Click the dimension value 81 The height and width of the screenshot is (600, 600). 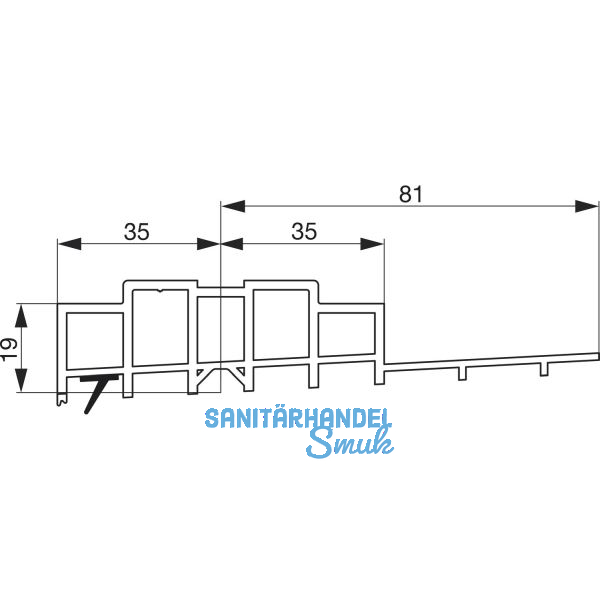(x=410, y=193)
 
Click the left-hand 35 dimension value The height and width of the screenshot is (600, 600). (x=137, y=231)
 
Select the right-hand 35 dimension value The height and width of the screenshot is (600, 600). (x=304, y=231)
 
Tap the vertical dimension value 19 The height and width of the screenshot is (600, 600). (x=9, y=348)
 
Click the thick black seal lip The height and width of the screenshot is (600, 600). (x=96, y=392)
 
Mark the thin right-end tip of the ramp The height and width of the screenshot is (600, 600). (x=597, y=356)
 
